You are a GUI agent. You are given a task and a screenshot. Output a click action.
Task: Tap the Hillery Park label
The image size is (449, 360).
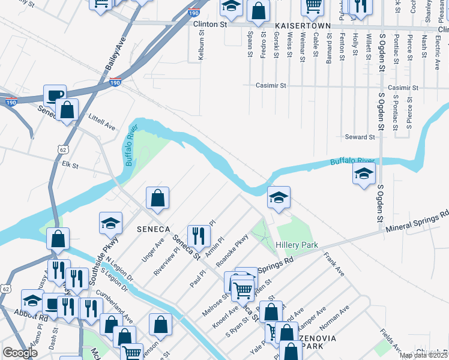[297, 245]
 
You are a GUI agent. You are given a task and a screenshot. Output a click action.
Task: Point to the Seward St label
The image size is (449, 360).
[360, 137]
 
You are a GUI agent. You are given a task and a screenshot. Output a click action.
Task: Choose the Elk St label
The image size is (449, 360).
[70, 164]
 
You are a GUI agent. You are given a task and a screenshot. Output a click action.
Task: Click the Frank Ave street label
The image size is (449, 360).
[334, 264]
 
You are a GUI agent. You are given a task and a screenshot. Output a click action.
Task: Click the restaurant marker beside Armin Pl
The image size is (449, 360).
[199, 235]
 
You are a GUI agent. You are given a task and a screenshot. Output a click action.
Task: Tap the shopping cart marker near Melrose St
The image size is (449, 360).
[243, 290]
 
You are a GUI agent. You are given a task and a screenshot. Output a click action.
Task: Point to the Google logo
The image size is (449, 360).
[20, 353]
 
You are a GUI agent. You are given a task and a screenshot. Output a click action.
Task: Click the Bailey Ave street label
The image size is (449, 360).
[116, 54]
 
